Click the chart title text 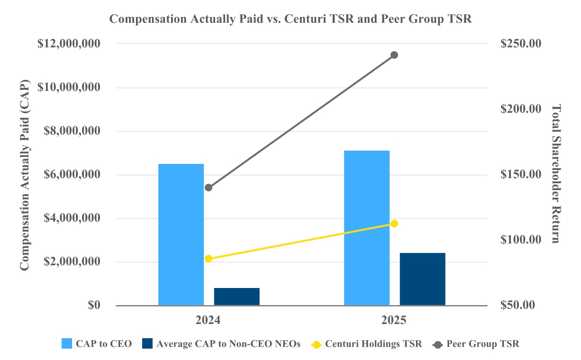pyautogui.click(x=290, y=19)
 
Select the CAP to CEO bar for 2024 pyautogui.click(x=181, y=234)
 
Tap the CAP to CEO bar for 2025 pyautogui.click(x=367, y=228)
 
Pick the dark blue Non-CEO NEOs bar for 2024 pyautogui.click(x=236, y=297)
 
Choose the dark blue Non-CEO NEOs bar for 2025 pyautogui.click(x=422, y=279)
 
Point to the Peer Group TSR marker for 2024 pyautogui.click(x=209, y=188)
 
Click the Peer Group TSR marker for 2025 pyautogui.click(x=394, y=55)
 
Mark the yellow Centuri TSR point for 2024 pyautogui.click(x=209, y=259)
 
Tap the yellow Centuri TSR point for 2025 pyautogui.click(x=394, y=224)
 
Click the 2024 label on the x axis pyautogui.click(x=209, y=320)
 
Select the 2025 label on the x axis pyautogui.click(x=394, y=320)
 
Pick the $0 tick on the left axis pyautogui.click(x=94, y=306)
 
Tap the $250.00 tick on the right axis pyautogui.click(x=521, y=44)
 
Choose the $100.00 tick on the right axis pyautogui.click(x=521, y=240)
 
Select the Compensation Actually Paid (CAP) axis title pyautogui.click(x=24, y=174)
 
